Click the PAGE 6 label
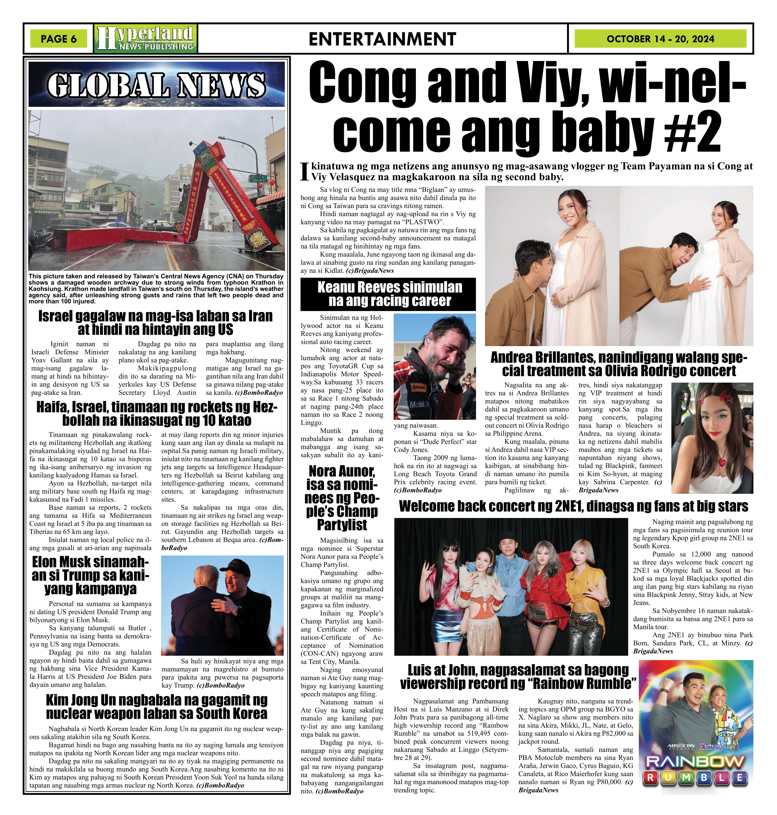point(58,39)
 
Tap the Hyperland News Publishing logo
point(146,38)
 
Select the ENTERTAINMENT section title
point(382,39)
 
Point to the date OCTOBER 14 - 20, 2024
point(660,39)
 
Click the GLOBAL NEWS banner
point(156,85)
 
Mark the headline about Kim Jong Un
point(156,706)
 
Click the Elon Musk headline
point(90,575)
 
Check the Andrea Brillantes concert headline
point(619,364)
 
